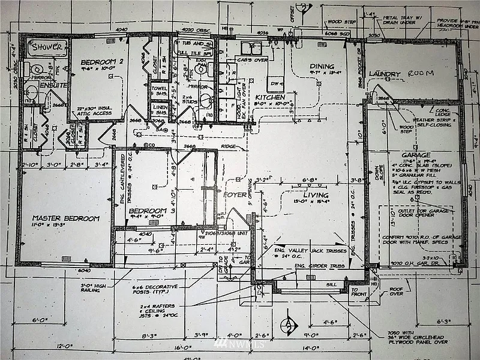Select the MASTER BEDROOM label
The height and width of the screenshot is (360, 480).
coord(66,218)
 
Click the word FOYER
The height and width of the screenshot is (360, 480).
coord(235,194)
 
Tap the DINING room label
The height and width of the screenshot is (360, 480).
coord(322,67)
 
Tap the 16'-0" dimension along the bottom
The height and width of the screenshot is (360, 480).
coord(183,347)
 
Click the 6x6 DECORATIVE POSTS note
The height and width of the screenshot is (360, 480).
coord(155,291)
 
